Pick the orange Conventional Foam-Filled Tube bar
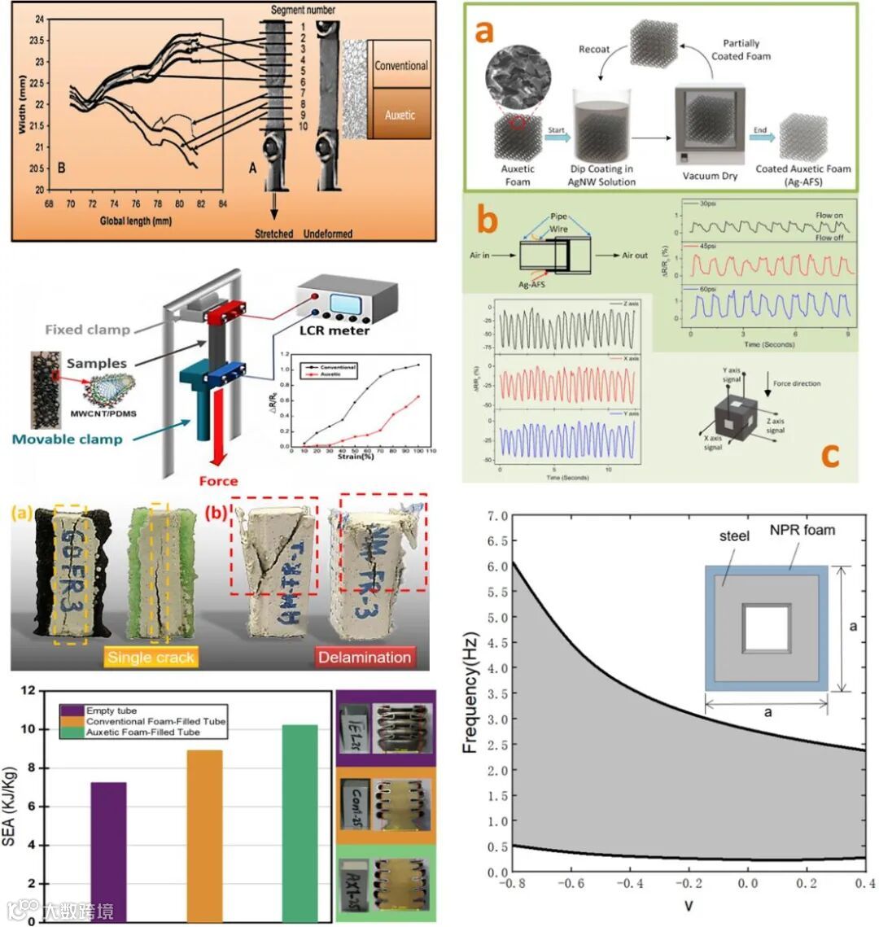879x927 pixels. point(204,835)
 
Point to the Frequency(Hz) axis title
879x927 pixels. point(470,693)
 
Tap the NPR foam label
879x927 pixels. point(801,531)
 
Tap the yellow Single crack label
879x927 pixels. point(151,657)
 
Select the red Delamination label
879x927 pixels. point(364,657)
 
